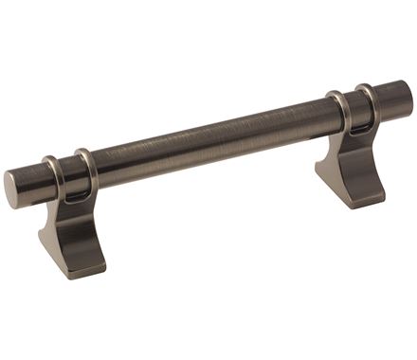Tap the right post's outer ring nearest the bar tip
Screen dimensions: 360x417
[367, 100]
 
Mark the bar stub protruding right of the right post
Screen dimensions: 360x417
[390, 99]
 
